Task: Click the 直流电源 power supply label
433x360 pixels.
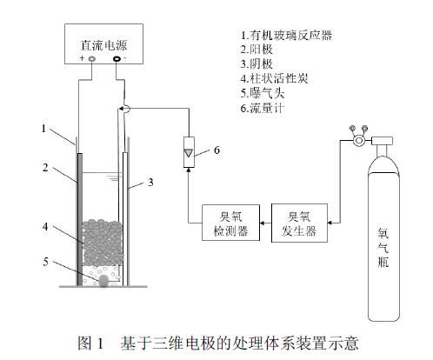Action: pyautogui.click(x=103, y=45)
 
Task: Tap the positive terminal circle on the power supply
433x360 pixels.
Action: pyautogui.click(x=92, y=59)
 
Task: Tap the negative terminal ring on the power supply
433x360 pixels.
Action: pyautogui.click(x=117, y=59)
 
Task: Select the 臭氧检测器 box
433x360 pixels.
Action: pyautogui.click(x=230, y=223)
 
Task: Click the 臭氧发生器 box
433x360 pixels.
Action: pyautogui.click(x=299, y=223)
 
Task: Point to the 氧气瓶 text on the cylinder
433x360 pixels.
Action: pyautogui.click(x=383, y=247)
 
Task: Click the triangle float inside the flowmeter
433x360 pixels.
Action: pyautogui.click(x=189, y=153)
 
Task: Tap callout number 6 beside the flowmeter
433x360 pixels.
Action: pyautogui.click(x=216, y=150)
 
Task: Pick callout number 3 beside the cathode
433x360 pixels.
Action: pyautogui.click(x=150, y=183)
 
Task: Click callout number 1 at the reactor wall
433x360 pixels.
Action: pyautogui.click(x=43, y=129)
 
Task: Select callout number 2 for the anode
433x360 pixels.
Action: pyautogui.click(x=45, y=168)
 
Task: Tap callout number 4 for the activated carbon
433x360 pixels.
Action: pyautogui.click(x=45, y=226)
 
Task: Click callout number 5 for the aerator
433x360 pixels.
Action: pyautogui.click(x=45, y=262)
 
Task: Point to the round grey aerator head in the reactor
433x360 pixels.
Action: pyautogui.click(x=103, y=281)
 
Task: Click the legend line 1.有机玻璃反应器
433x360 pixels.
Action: pyautogui.click(x=286, y=36)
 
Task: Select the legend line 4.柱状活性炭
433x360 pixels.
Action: pyautogui.click(x=274, y=78)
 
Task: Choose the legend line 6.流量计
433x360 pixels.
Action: pyautogui.click(x=263, y=108)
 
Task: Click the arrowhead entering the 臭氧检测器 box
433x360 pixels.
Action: pyautogui.click(x=262, y=223)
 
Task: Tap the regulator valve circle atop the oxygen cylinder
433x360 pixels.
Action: pyautogui.click(x=359, y=141)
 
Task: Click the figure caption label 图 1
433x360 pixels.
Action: pyautogui.click(x=90, y=343)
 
